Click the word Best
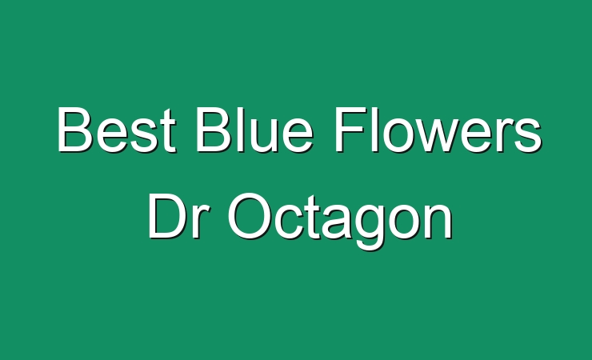pyautogui.click(x=117, y=130)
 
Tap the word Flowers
pyautogui.click(x=438, y=130)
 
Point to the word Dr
pyautogui.click(x=174, y=217)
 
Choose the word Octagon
pyautogui.click(x=340, y=221)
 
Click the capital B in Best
pyautogui.click(x=74, y=130)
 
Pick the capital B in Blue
pyautogui.click(x=214, y=130)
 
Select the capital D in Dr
pyautogui.click(x=166, y=217)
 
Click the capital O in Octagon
pyautogui.click(x=249, y=217)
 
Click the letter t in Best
pyautogui.click(x=168, y=131)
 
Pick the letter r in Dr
pyautogui.click(x=194, y=222)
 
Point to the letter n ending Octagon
pyautogui.click(x=439, y=222)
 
